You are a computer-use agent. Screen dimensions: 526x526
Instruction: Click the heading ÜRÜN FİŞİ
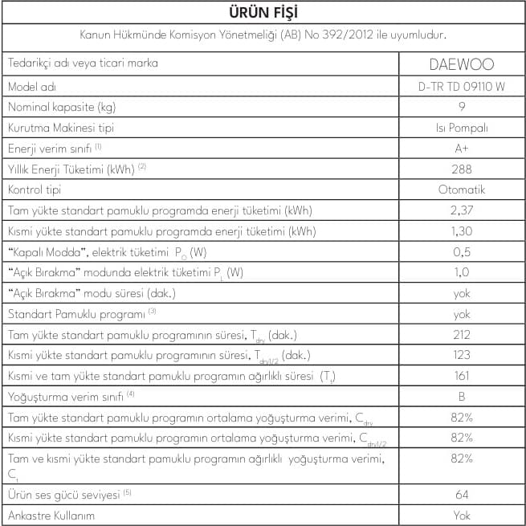pos(263,13)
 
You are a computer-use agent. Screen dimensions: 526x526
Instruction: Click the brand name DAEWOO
pos(461,63)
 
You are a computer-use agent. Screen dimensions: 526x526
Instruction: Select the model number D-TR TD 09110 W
pos(461,85)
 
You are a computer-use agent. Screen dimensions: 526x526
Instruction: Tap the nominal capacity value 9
pos(461,106)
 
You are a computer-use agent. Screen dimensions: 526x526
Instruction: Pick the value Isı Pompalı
pos(461,127)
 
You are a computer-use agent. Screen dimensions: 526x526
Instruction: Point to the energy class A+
pos(461,148)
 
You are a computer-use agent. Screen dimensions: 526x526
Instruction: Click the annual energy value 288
pos(461,169)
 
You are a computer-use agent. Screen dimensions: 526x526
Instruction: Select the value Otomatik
pos(461,190)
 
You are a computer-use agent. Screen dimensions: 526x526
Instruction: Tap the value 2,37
pos(461,210)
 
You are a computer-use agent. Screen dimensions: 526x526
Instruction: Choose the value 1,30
pos(461,231)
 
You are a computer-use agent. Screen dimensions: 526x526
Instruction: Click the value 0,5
pos(461,252)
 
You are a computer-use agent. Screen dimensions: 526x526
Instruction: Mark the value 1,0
pos(461,272)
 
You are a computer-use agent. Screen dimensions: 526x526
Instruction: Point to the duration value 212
pos(461,335)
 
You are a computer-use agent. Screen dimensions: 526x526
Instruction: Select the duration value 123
pos(461,355)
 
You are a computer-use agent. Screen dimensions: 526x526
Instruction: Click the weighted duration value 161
pos(461,376)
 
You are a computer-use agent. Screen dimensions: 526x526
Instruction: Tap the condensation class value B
pos(461,397)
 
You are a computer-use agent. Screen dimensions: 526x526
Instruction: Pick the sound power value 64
pos(461,494)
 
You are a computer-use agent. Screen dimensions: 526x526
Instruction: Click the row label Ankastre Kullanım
pos(51,515)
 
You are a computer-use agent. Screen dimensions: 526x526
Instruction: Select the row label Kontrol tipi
pos(34,190)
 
